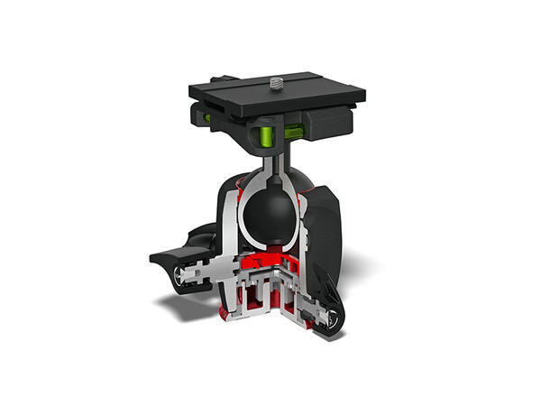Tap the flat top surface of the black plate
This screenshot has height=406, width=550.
(307, 90)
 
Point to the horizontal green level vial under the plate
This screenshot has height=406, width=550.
(294, 132)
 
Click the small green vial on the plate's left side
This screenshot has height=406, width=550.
(205, 115)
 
